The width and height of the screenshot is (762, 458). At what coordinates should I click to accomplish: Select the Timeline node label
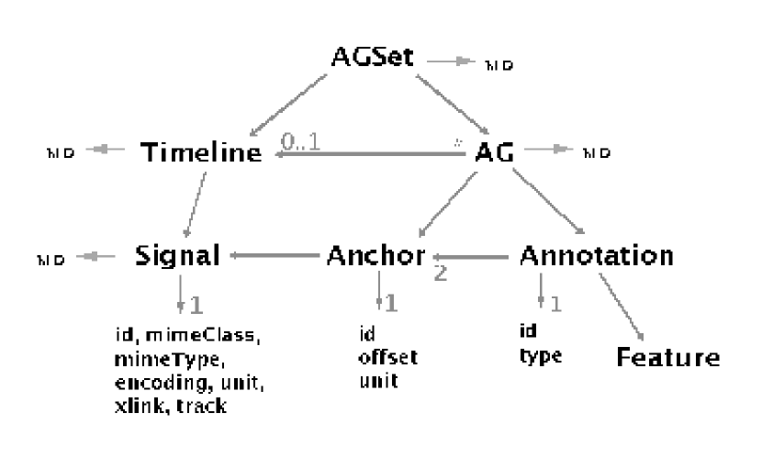[x=200, y=153]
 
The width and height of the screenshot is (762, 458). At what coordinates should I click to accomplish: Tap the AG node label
[x=492, y=153]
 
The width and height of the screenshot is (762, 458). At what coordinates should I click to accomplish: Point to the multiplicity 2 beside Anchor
[x=441, y=273]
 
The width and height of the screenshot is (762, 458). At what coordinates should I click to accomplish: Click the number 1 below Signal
[x=195, y=302]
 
